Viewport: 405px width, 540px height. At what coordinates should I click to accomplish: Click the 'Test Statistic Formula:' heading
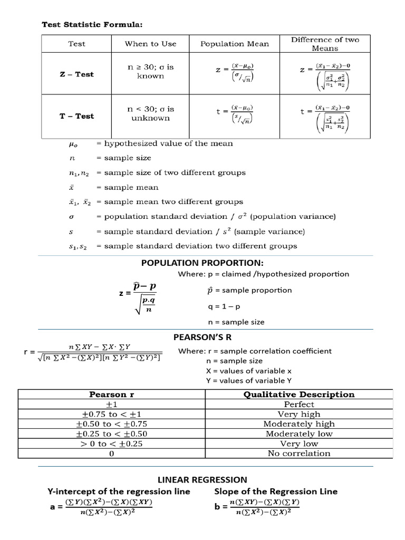pyautogui.click(x=92, y=24)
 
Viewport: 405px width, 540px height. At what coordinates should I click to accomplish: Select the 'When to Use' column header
pyautogui.click(x=150, y=44)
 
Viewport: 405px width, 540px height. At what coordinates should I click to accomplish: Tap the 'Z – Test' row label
pyautogui.click(x=76, y=74)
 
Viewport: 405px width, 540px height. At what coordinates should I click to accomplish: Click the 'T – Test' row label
pyautogui.click(x=76, y=116)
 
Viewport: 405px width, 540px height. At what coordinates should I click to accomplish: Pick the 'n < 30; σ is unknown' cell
pyautogui.click(x=150, y=113)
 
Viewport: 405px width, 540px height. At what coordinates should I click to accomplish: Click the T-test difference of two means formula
pyautogui.click(x=325, y=117)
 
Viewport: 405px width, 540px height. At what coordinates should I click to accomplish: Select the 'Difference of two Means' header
pyautogui.click(x=325, y=44)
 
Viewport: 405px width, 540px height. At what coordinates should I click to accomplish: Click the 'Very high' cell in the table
pyautogui.click(x=299, y=414)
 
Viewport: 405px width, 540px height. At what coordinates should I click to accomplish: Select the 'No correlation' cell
pyautogui.click(x=299, y=453)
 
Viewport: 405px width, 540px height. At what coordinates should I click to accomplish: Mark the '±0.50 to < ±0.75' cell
pyautogui.click(x=111, y=423)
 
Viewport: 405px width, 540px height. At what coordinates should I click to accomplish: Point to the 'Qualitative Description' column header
pyautogui.click(x=299, y=394)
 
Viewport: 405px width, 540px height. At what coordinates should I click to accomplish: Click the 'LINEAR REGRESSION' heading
pyautogui.click(x=202, y=479)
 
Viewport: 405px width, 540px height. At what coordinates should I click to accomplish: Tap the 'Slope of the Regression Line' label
pyautogui.click(x=276, y=491)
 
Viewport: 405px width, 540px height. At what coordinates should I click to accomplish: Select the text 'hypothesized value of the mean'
pyautogui.click(x=168, y=143)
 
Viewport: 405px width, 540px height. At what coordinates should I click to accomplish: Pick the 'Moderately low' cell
pyautogui.click(x=299, y=433)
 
